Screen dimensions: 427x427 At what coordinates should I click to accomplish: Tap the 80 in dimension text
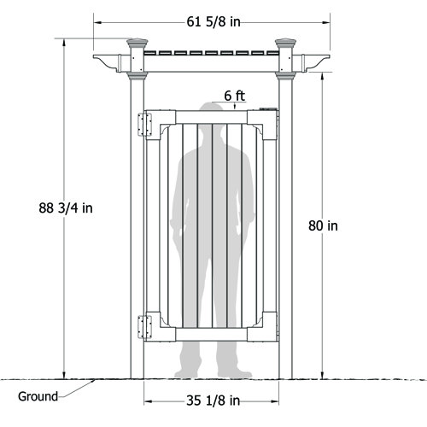(323, 225)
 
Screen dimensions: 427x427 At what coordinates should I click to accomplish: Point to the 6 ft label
(237, 96)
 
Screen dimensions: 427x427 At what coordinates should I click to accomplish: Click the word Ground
(38, 396)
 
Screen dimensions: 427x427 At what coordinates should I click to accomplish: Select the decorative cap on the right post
(286, 44)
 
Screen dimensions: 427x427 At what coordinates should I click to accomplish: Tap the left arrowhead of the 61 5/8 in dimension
(97, 22)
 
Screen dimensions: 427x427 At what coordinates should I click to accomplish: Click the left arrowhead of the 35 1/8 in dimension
(148, 399)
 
